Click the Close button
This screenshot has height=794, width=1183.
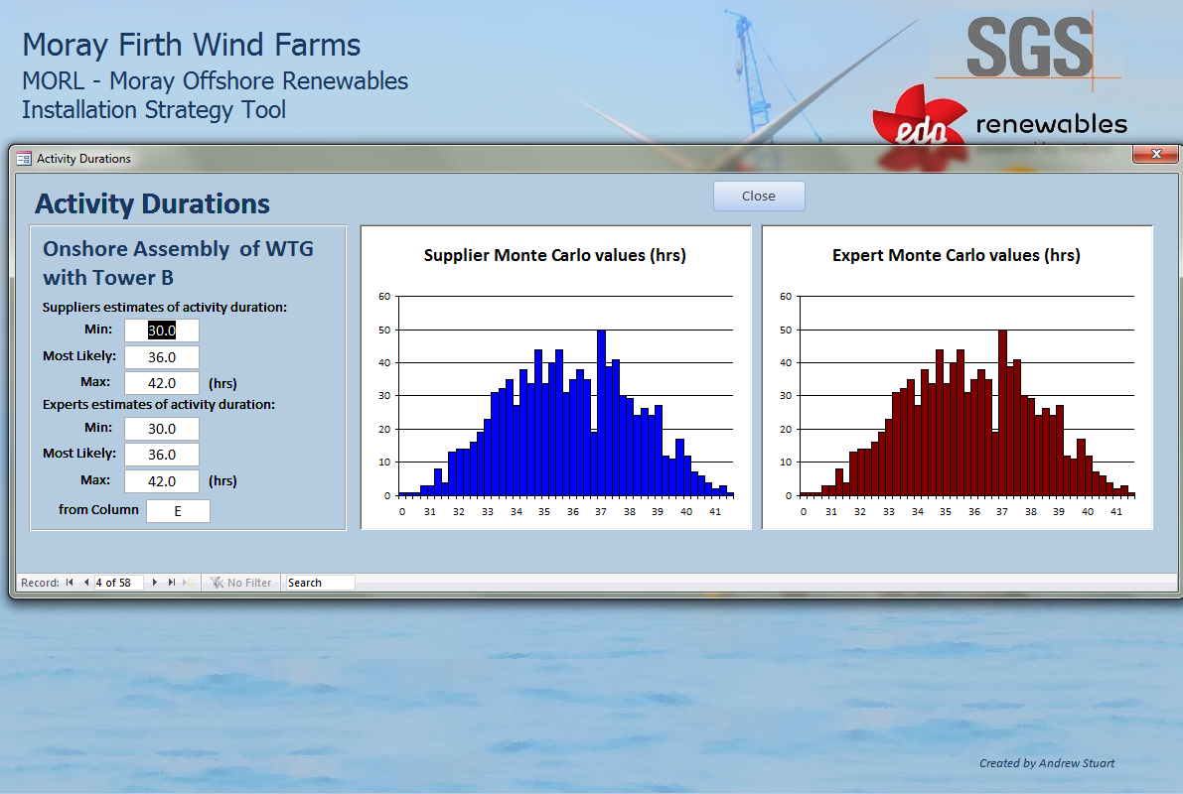[759, 197]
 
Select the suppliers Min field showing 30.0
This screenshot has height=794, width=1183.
[162, 331]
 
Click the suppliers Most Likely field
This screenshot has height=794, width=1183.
[162, 357]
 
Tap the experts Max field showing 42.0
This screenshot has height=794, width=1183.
[162, 481]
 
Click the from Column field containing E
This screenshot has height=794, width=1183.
[178, 511]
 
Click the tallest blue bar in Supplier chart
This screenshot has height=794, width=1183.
[601, 413]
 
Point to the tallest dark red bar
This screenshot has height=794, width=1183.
[1002, 413]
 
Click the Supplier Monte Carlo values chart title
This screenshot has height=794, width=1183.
[554, 256]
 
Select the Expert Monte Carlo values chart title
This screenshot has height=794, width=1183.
[956, 256]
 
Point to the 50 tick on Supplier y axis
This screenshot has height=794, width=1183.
[384, 330]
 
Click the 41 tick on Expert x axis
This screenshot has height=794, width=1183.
[1115, 511]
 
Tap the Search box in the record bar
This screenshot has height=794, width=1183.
[320, 583]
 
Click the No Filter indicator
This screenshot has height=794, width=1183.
[240, 583]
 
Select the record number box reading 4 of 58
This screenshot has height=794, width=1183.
[118, 583]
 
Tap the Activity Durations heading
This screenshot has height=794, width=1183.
[152, 203]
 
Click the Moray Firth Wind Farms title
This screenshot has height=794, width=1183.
[192, 45]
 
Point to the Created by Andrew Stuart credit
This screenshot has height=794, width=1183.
[1047, 763]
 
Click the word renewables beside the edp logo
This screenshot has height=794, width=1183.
[1052, 124]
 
